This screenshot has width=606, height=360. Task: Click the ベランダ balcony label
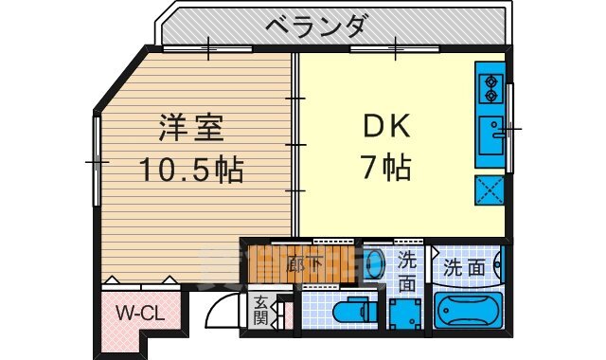pos(315,27)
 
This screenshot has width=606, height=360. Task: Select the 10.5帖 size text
pos(191,171)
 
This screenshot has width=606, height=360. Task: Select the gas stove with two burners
pos(491,87)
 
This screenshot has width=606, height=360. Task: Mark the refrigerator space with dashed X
pos(491,189)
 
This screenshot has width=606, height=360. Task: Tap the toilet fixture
pos(349,311)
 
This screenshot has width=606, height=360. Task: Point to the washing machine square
pos(407,312)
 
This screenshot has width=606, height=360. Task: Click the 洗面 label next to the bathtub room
pos(465,268)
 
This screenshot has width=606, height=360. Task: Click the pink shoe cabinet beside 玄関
pos(280,312)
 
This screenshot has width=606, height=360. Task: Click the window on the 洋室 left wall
pos(96,161)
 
